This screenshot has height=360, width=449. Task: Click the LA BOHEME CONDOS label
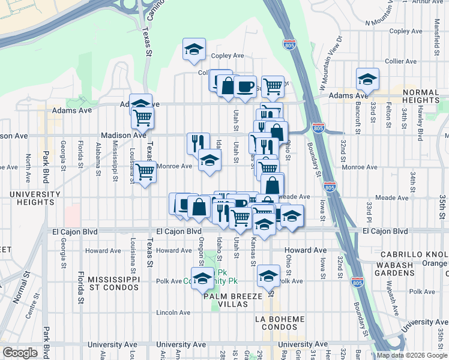276,323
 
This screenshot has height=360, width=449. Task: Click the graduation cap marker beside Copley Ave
194,49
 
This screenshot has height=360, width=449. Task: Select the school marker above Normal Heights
367,79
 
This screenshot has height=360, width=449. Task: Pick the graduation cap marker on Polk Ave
268,275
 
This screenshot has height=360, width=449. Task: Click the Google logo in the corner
20,352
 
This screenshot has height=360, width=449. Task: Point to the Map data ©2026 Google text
412,355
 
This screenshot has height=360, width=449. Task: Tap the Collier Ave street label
401,61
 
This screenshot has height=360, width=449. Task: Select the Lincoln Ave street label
173,313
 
